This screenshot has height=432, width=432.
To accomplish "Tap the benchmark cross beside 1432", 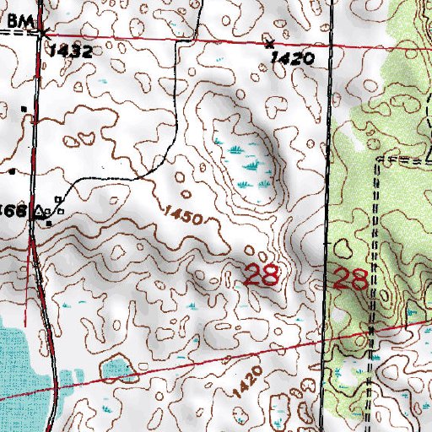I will pyautogui.click(x=40, y=34).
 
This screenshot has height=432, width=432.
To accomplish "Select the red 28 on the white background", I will pyautogui.click(x=262, y=274).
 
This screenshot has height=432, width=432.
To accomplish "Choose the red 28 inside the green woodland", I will pyautogui.click(x=351, y=279).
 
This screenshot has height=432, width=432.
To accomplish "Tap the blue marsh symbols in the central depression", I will pyautogui.click(x=246, y=161).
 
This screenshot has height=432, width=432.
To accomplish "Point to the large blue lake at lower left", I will pyautogui.click(x=19, y=354).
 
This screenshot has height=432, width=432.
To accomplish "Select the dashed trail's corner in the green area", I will pyautogui.click(x=376, y=159).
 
